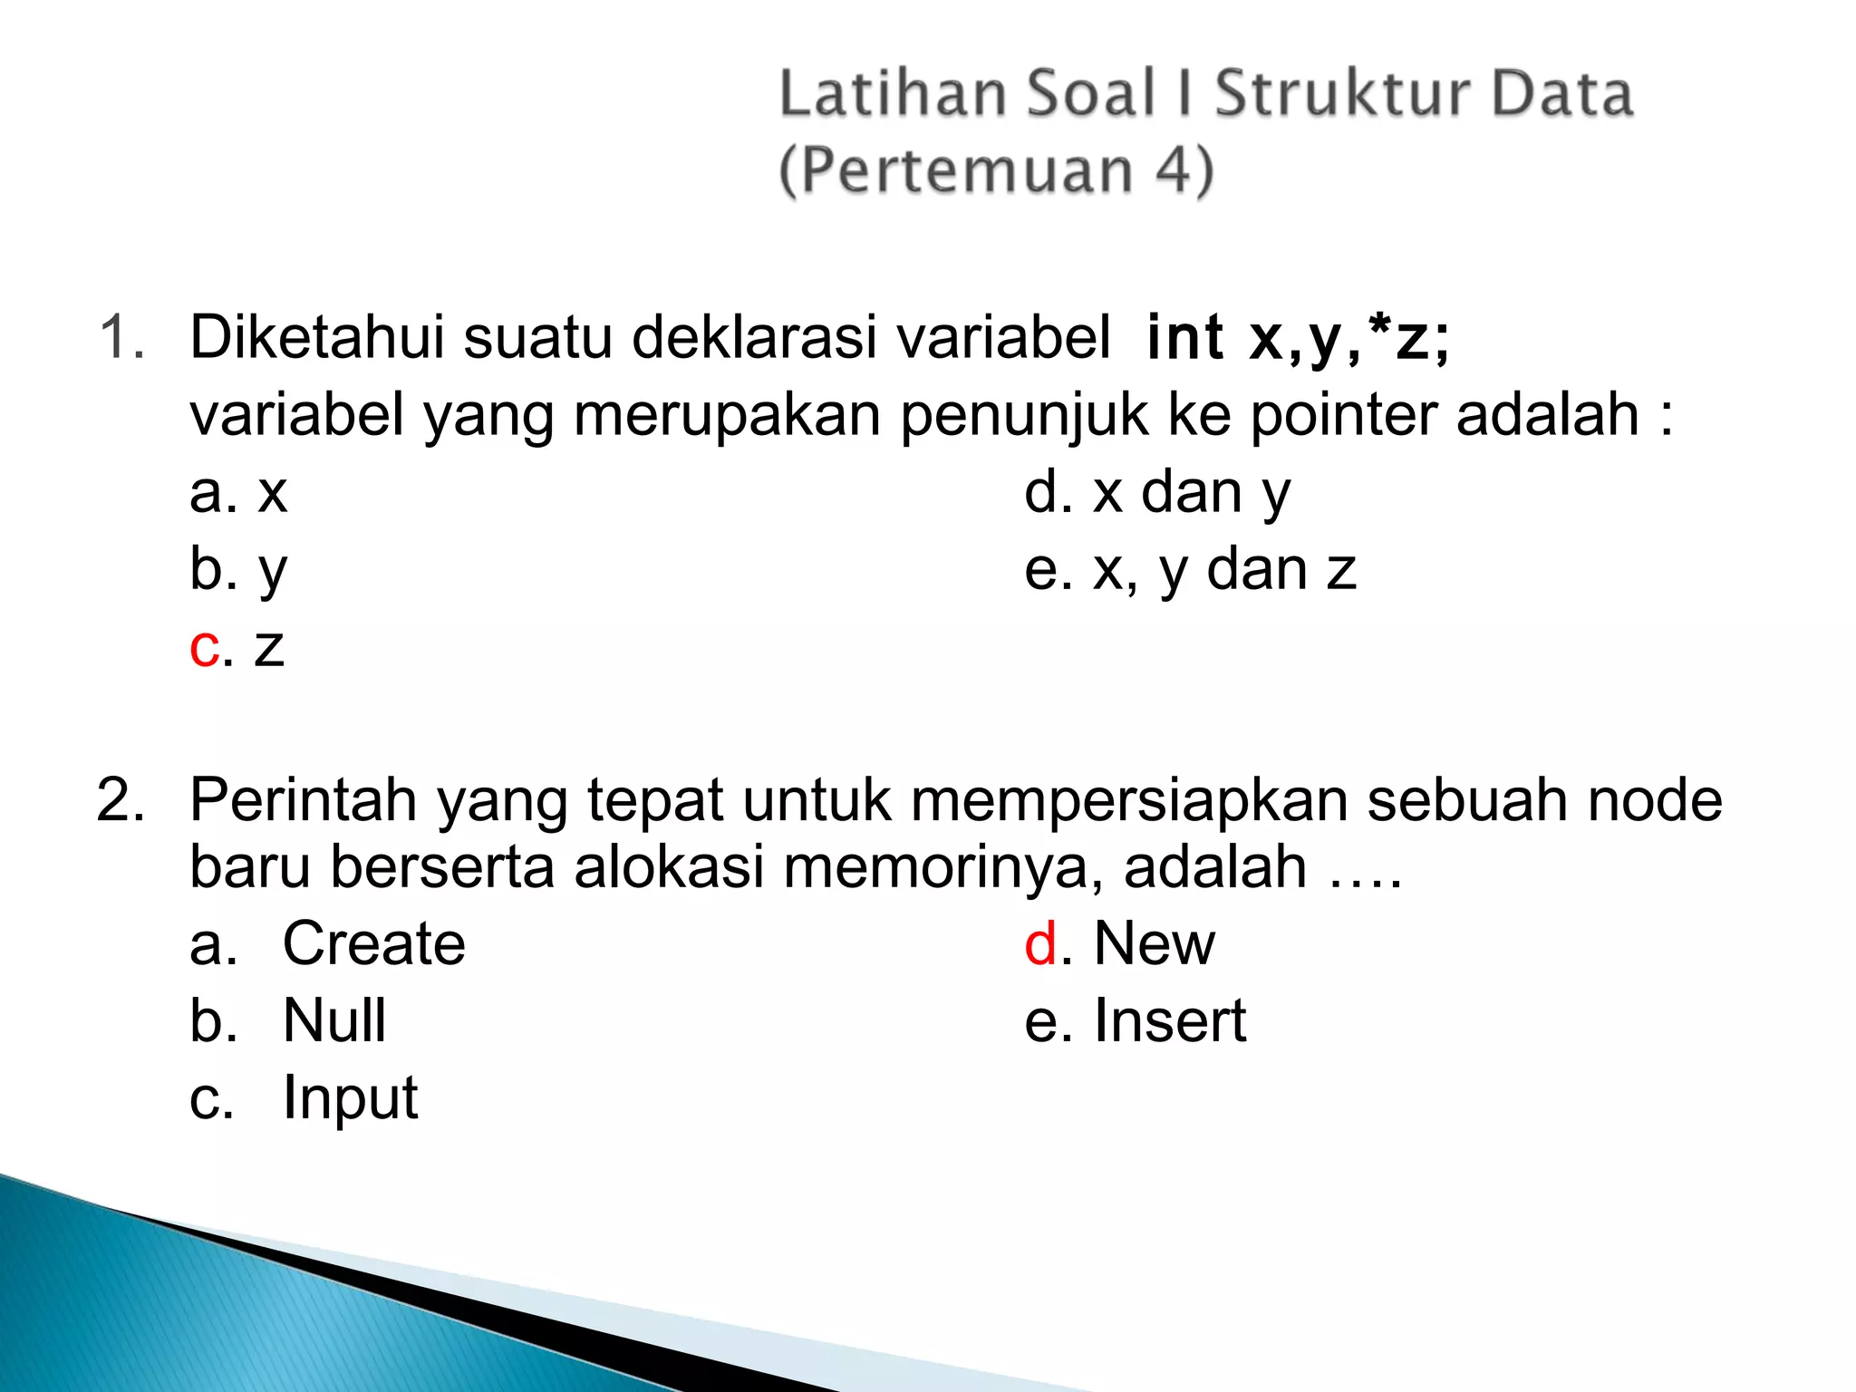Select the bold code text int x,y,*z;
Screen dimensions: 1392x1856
tap(1298, 337)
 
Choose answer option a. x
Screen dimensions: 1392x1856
tap(238, 493)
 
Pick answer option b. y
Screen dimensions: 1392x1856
tap(238, 571)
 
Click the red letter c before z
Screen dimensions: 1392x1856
tap(204, 648)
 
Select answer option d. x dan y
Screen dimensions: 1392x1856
tap(1156, 493)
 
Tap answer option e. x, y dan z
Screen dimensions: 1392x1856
tap(1189, 571)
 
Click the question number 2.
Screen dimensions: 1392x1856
tap(121, 800)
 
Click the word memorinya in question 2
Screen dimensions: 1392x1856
tap(943, 867)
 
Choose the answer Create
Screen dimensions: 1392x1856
tap(373, 943)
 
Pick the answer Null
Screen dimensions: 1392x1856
tap(334, 1020)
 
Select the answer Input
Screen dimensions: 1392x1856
tap(350, 1098)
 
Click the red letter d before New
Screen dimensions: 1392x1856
tap(1041, 943)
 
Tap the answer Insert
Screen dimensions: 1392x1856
tap(1169, 1020)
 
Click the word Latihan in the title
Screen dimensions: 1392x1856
tap(892, 94)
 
